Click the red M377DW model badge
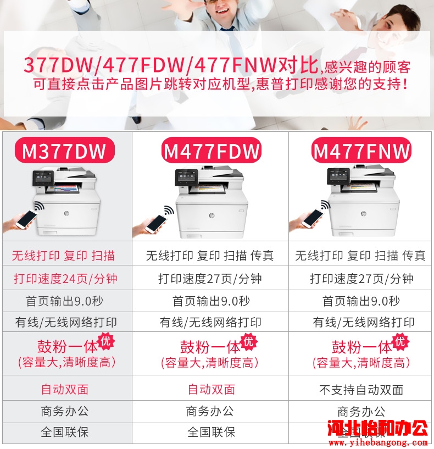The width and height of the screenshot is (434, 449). point(65,151)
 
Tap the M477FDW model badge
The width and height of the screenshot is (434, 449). point(212,151)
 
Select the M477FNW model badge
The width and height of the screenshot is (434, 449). point(361,151)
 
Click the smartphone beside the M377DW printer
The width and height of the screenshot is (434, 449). point(26,219)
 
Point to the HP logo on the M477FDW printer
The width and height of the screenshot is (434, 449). point(212,215)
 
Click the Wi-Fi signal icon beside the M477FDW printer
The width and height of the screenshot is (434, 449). point(169,210)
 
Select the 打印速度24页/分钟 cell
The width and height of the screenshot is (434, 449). point(65,278)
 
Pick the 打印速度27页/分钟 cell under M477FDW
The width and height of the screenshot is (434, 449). point(210,278)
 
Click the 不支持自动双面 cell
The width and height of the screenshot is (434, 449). point(361,390)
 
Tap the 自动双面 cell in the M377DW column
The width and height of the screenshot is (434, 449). point(65,389)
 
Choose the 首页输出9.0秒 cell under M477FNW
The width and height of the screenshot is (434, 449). point(361,301)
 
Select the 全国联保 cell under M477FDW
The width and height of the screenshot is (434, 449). point(212,432)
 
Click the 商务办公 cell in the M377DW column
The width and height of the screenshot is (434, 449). point(65,412)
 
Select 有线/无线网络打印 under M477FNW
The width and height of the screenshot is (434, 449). point(364,323)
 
